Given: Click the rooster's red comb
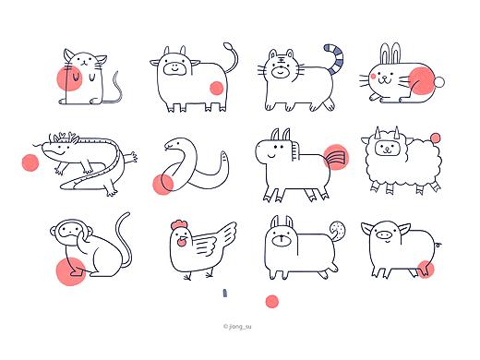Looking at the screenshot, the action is (177, 225).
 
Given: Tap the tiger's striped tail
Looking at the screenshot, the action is (337, 58).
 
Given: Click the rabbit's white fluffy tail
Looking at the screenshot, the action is (439, 82).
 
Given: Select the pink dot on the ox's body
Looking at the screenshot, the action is (217, 88).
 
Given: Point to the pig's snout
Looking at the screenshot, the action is (384, 235).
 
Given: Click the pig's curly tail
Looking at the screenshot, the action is (438, 246).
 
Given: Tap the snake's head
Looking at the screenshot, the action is (173, 144).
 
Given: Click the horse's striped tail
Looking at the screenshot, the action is (335, 158).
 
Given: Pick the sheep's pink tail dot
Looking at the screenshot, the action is (435, 138).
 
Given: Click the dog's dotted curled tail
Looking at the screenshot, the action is (337, 231).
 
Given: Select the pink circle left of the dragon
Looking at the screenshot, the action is (30, 162).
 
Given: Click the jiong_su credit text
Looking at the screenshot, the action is (237, 327).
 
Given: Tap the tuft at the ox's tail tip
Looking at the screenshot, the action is (228, 46).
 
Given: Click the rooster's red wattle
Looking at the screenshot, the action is (182, 243).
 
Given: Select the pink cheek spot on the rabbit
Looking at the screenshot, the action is (373, 76).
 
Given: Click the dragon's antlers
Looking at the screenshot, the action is (64, 137).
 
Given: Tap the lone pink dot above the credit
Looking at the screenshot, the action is (272, 302).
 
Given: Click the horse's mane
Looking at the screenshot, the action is (295, 150).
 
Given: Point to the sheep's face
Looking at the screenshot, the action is (387, 148).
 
